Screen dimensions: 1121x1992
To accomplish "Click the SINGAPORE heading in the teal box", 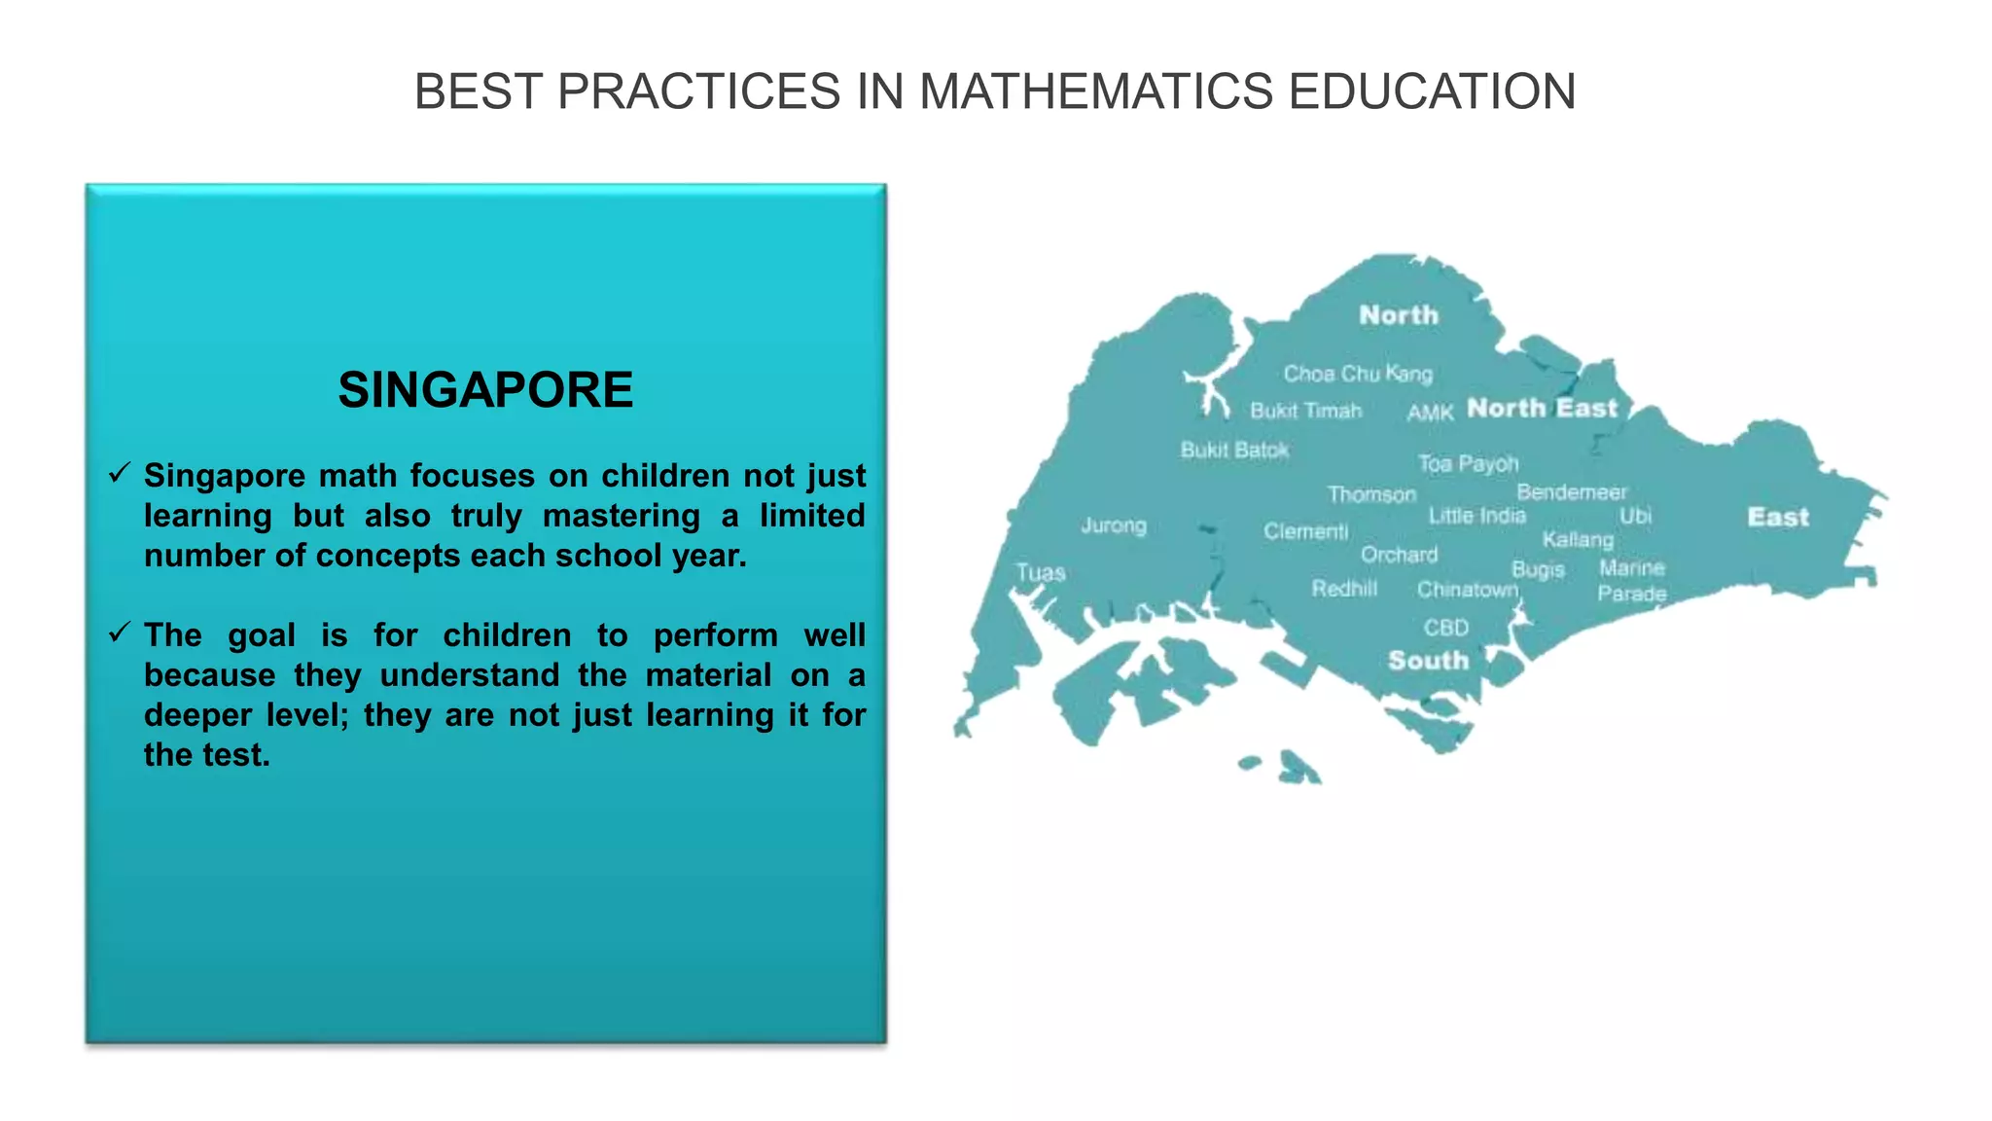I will click(485, 390).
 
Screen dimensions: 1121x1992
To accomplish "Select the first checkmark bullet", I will click(120, 474).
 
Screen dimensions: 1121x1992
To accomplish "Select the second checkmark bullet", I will click(120, 633).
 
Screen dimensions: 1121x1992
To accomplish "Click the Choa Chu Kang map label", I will click(1358, 374).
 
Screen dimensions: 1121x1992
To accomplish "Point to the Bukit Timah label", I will click(1305, 411).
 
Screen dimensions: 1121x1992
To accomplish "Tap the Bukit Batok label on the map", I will click(1234, 450).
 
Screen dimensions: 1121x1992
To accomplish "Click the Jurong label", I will click(1114, 525).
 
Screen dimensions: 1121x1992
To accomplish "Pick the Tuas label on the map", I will click(1041, 572).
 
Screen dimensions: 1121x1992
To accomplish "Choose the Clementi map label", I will click(1305, 531).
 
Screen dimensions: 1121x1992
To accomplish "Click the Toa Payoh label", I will click(1468, 464).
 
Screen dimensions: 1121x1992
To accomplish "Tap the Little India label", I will click(1476, 516).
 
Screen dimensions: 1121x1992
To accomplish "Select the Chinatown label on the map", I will click(1467, 590).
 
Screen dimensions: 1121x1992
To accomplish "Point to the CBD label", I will click(1446, 628).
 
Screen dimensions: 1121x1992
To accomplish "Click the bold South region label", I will click(1428, 661).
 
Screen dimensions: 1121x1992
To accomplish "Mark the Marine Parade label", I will click(1632, 581).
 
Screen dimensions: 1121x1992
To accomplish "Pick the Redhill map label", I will click(1344, 589).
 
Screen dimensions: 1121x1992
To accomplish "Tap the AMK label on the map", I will click(1430, 413).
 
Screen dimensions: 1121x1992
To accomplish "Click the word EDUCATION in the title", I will click(1432, 92).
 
